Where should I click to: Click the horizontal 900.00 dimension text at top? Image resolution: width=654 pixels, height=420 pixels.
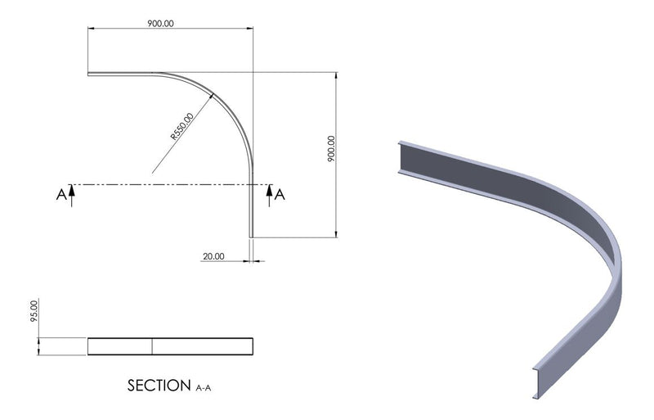161,23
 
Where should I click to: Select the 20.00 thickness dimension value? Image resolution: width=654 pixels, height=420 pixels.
213,256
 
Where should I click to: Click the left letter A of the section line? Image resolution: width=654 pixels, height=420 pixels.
60,194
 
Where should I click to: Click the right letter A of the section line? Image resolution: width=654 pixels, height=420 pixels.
280,194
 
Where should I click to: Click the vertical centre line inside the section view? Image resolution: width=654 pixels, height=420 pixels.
152,345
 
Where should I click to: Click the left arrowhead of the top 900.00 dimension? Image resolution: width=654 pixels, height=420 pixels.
92,29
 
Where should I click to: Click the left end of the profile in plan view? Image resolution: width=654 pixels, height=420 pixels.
89,75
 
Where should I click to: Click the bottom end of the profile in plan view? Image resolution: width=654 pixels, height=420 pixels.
252,236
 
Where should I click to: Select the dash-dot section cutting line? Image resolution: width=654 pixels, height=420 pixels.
163,184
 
